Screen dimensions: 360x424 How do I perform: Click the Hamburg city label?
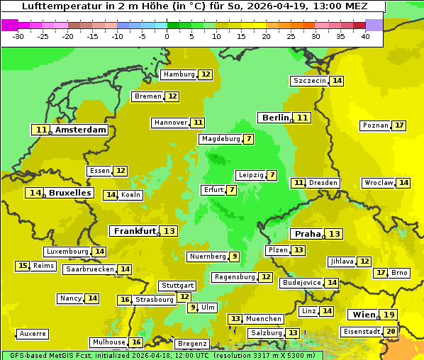(x=179, y=74)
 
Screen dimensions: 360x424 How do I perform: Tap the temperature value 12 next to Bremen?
(x=172, y=96)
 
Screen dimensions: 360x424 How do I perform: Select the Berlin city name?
(x=275, y=118)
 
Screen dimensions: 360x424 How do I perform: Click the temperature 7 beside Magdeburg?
(x=248, y=139)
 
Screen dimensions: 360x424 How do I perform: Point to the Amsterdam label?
(x=81, y=130)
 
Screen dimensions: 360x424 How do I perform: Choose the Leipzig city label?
(x=251, y=175)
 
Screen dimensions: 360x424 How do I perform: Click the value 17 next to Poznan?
(x=399, y=125)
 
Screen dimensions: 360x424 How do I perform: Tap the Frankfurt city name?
(x=135, y=231)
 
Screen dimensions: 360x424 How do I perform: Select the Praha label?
(x=308, y=234)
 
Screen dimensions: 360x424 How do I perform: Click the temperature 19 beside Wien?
(x=389, y=315)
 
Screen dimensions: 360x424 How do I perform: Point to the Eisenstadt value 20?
(x=391, y=331)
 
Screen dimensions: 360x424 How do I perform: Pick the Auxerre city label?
(x=33, y=334)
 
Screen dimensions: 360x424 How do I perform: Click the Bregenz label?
(x=192, y=344)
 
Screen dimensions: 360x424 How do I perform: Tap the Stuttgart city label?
(x=177, y=286)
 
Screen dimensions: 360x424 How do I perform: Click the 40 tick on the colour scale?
(x=364, y=36)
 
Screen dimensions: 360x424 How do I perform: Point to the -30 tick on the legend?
(x=18, y=36)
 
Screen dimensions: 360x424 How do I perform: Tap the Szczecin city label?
(x=310, y=81)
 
